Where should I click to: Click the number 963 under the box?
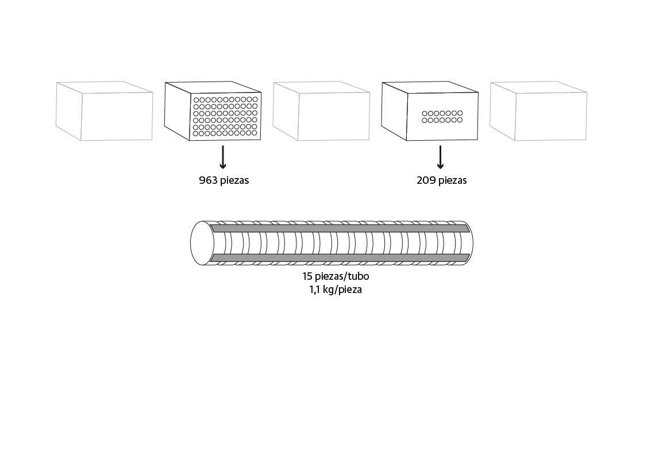208,180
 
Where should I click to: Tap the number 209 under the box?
426,180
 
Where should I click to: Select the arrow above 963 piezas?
223,157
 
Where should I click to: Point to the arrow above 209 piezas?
440,157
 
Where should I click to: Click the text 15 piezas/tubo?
336,276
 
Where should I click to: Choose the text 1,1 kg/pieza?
336,290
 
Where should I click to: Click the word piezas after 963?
234,180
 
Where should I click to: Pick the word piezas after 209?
452,180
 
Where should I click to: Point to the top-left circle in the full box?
196,100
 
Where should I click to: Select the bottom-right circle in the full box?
255,133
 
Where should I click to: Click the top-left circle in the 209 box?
425,114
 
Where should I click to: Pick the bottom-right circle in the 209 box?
460,120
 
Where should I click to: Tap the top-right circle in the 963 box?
255,100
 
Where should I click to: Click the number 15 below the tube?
307,276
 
